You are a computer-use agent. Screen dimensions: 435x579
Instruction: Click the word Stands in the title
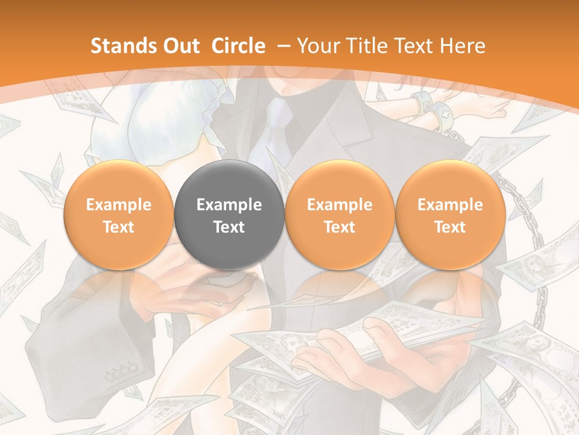coord(119,47)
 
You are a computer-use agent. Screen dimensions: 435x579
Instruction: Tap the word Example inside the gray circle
coord(229,205)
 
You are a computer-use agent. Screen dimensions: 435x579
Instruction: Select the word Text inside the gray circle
coord(229,227)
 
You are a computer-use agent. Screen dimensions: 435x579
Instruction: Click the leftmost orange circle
coord(118,214)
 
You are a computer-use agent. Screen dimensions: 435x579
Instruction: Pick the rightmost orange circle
coord(450,214)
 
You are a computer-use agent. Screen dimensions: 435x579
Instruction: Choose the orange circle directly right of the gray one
coord(340,214)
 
